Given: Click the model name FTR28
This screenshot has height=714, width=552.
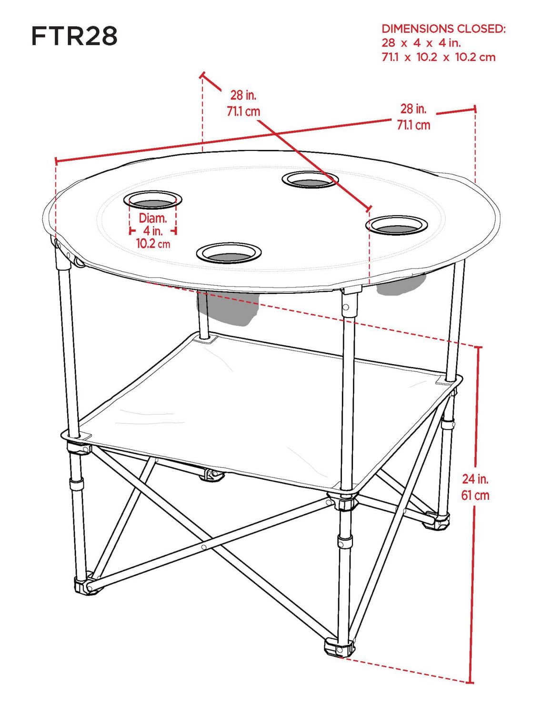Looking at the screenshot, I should (x=74, y=36).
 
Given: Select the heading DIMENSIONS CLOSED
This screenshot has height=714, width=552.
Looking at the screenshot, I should (x=443, y=29).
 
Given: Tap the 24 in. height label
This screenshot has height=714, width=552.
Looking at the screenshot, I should (x=475, y=478).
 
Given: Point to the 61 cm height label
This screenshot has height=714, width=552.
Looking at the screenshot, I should (x=475, y=495).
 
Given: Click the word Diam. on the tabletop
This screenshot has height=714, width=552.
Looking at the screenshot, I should (x=153, y=218).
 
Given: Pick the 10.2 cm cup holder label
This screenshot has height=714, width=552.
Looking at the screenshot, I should (x=153, y=244).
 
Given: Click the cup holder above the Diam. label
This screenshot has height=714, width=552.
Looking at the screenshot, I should (x=153, y=201).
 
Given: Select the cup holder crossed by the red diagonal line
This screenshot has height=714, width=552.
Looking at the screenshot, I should (x=310, y=180).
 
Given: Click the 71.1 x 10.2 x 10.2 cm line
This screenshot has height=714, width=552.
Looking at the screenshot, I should (x=438, y=57).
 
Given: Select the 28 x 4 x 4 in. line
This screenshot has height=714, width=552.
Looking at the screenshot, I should (x=421, y=43).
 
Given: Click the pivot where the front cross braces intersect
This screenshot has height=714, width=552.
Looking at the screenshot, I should (x=204, y=547).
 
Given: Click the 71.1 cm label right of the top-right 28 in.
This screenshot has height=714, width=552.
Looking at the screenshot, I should (x=413, y=125).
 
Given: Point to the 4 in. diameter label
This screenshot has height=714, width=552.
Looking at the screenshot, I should (x=153, y=231).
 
